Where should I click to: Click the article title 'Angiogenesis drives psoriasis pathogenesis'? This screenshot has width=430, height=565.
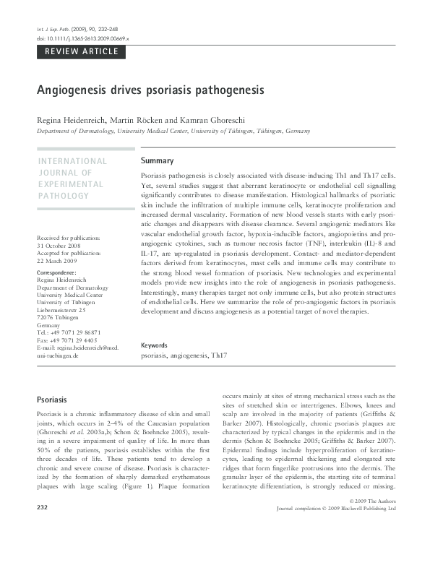(150, 92)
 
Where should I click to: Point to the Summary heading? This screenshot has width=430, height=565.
(157, 160)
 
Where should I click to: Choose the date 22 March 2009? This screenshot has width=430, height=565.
(58, 262)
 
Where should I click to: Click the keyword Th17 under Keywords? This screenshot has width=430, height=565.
(218, 356)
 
